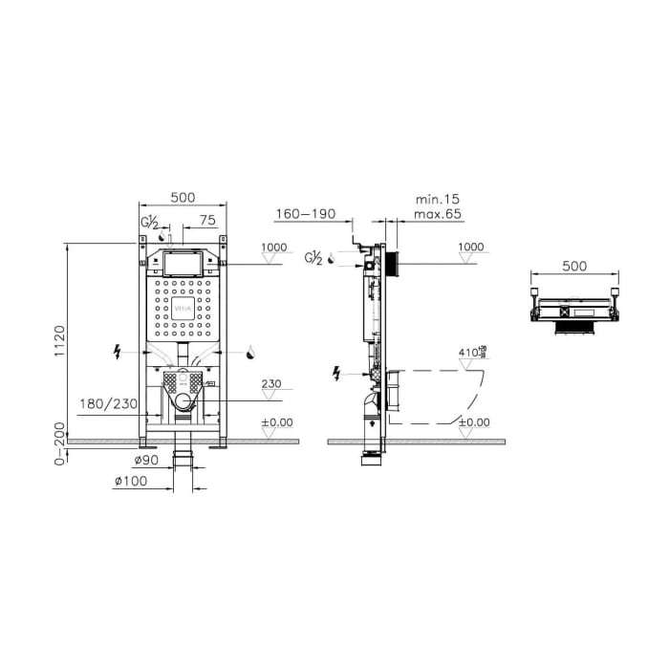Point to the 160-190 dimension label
pyautogui.click(x=305, y=214)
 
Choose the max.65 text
pyautogui.click(x=439, y=215)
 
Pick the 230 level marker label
pyautogui.click(x=272, y=385)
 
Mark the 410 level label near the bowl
pyautogui.click(x=468, y=354)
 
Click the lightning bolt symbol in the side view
pyautogui.click(x=336, y=373)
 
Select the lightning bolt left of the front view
pyautogui.click(x=117, y=352)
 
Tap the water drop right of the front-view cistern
pyautogui.click(x=250, y=352)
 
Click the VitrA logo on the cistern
pyautogui.click(x=183, y=310)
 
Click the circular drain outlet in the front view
pyautogui.click(x=183, y=401)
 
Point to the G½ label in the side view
pyautogui.click(x=312, y=257)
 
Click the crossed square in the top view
pyautogui.click(x=575, y=311)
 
